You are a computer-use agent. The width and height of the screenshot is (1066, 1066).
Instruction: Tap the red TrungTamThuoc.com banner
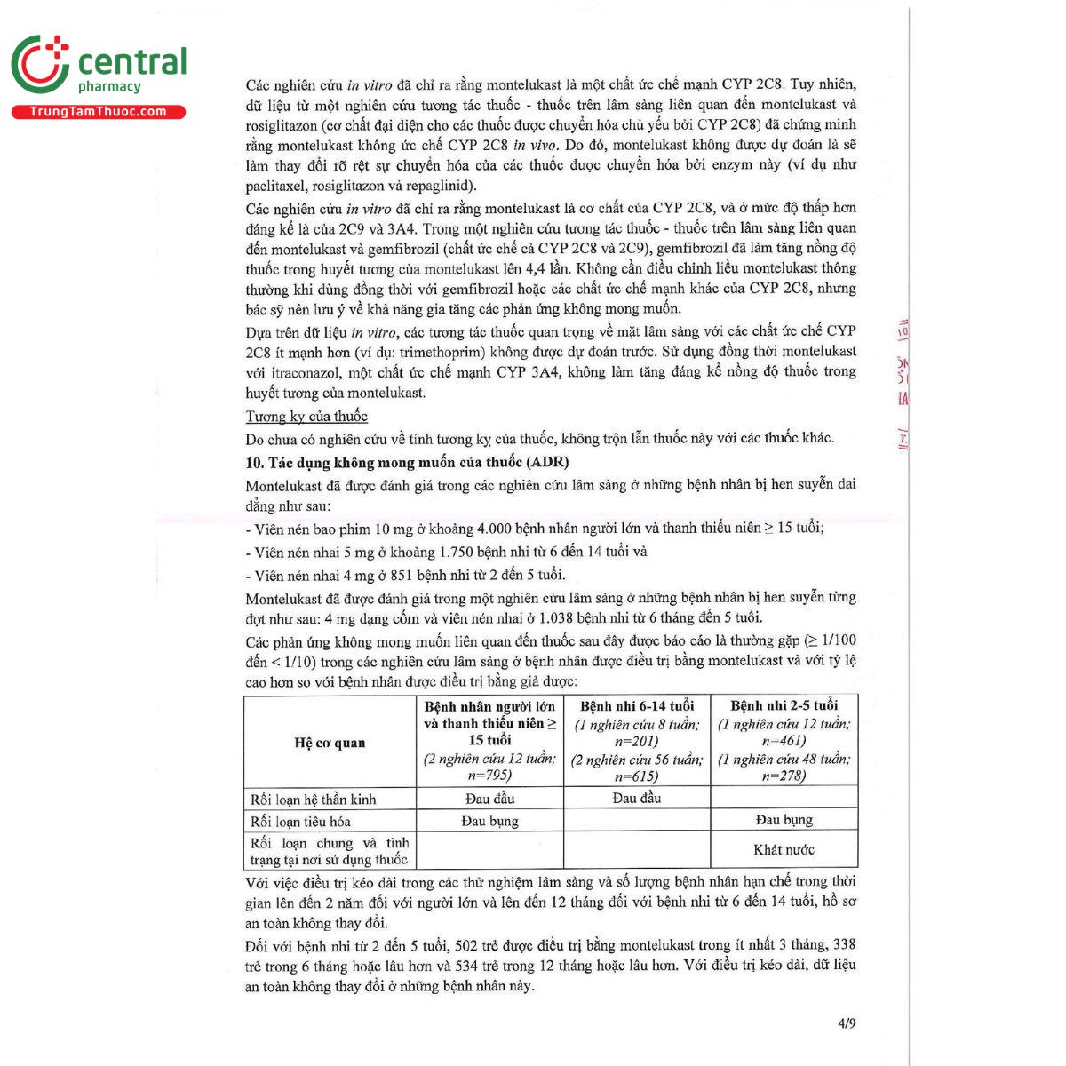(98, 112)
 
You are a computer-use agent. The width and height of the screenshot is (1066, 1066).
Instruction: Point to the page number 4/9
(847, 1023)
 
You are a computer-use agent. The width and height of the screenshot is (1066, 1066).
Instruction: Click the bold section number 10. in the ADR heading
(255, 462)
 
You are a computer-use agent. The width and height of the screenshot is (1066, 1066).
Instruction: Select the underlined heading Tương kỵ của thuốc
(306, 416)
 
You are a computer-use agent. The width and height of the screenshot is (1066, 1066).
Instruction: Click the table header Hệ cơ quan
(330, 743)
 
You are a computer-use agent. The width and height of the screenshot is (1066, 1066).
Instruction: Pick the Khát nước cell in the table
(784, 850)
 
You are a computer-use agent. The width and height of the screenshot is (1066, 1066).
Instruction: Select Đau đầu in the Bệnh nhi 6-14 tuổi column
(636, 798)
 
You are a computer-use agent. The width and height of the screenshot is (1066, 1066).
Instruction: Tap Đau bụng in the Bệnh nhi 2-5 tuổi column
(784, 820)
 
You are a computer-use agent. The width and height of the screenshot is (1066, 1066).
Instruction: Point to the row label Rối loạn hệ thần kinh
(313, 799)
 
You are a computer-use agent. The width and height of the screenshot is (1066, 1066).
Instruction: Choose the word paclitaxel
(276, 187)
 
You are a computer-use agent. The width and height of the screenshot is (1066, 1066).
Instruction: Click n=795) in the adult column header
(489, 776)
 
